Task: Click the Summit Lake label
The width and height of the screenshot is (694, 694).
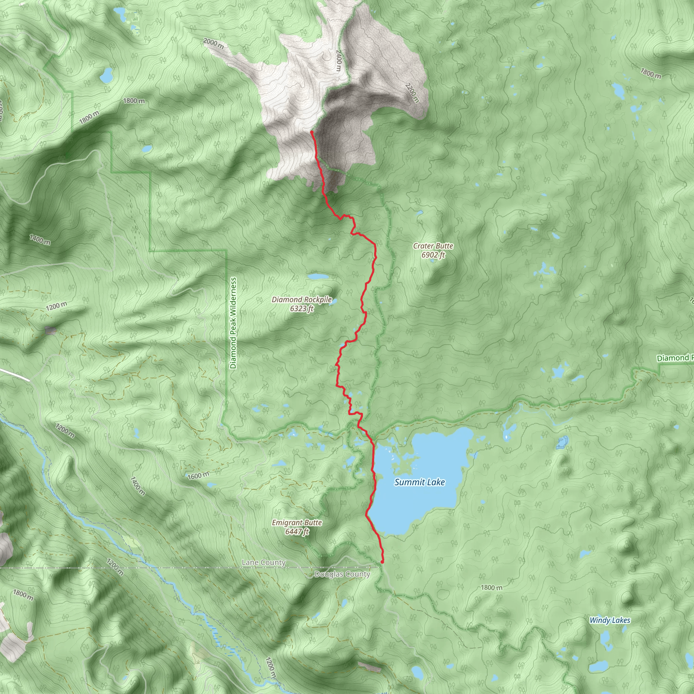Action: pyautogui.click(x=420, y=482)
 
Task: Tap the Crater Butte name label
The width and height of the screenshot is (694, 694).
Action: pyautogui.click(x=433, y=246)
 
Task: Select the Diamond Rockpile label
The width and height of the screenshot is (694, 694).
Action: pyautogui.click(x=301, y=300)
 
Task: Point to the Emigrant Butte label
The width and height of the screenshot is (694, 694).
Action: pyautogui.click(x=297, y=522)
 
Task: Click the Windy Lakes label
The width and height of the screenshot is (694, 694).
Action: pyautogui.click(x=610, y=620)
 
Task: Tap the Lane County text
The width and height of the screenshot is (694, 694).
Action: pyautogui.click(x=264, y=562)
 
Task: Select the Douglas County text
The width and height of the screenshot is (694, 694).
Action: pyautogui.click(x=342, y=574)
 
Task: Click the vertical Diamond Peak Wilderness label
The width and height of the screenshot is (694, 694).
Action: pyautogui.click(x=233, y=323)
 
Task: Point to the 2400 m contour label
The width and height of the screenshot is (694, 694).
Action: pyautogui.click(x=339, y=60)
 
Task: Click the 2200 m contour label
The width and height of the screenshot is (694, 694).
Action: pyautogui.click(x=412, y=93)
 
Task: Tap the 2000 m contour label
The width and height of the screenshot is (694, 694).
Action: pyautogui.click(x=213, y=44)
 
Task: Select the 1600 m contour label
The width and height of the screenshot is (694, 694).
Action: pyautogui.click(x=198, y=476)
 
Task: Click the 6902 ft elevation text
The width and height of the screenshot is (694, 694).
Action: pyautogui.click(x=433, y=255)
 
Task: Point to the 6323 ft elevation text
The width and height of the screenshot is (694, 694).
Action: pyautogui.click(x=302, y=309)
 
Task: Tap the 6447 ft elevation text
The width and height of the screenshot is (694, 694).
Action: pyautogui.click(x=297, y=531)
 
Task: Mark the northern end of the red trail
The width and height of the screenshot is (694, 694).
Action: pyautogui.click(x=311, y=132)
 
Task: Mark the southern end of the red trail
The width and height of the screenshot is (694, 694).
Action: pyautogui.click(x=382, y=562)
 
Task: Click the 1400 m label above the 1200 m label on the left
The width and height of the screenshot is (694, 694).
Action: pyautogui.click(x=40, y=239)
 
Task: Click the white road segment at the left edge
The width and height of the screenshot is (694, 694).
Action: pyautogui.click(x=14, y=373)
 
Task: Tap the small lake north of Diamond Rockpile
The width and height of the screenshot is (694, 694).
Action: pyautogui.click(x=318, y=277)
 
